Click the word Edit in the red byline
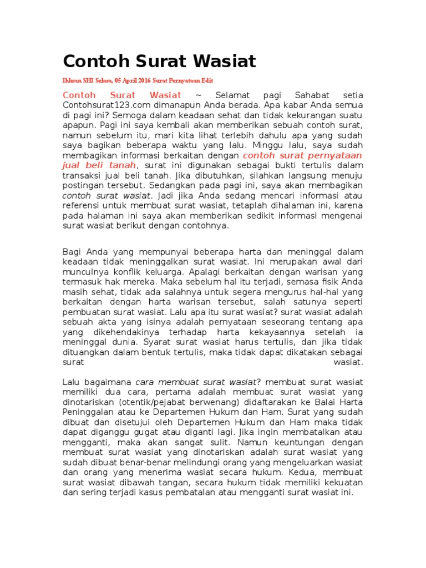coord(207,80)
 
